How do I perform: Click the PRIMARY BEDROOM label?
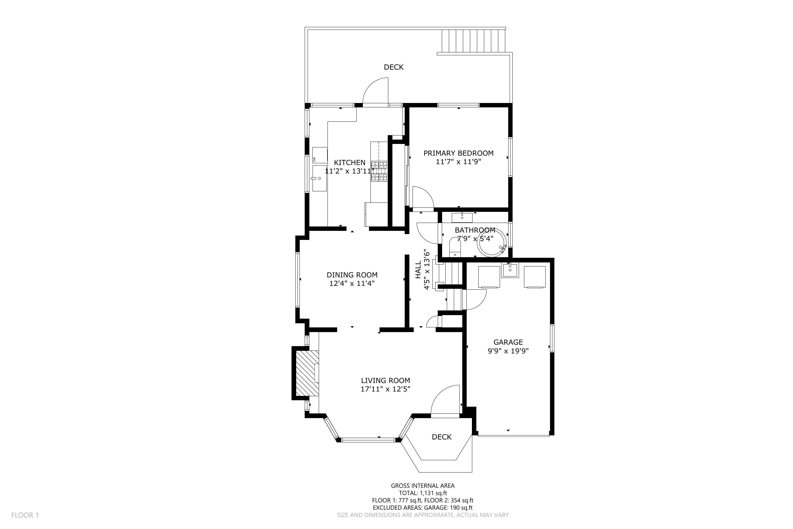point(458,153)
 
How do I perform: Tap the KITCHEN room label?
point(350,163)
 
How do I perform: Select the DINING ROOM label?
point(352,275)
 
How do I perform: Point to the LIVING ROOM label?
point(385,381)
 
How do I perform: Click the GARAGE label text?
point(508,342)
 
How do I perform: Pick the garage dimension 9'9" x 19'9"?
point(508,351)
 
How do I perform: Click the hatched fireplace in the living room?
point(307,373)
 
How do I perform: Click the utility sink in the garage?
point(510,270)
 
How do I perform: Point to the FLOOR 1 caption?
point(25,515)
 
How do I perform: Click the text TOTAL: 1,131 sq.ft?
point(423,493)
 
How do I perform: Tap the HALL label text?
point(418,269)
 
